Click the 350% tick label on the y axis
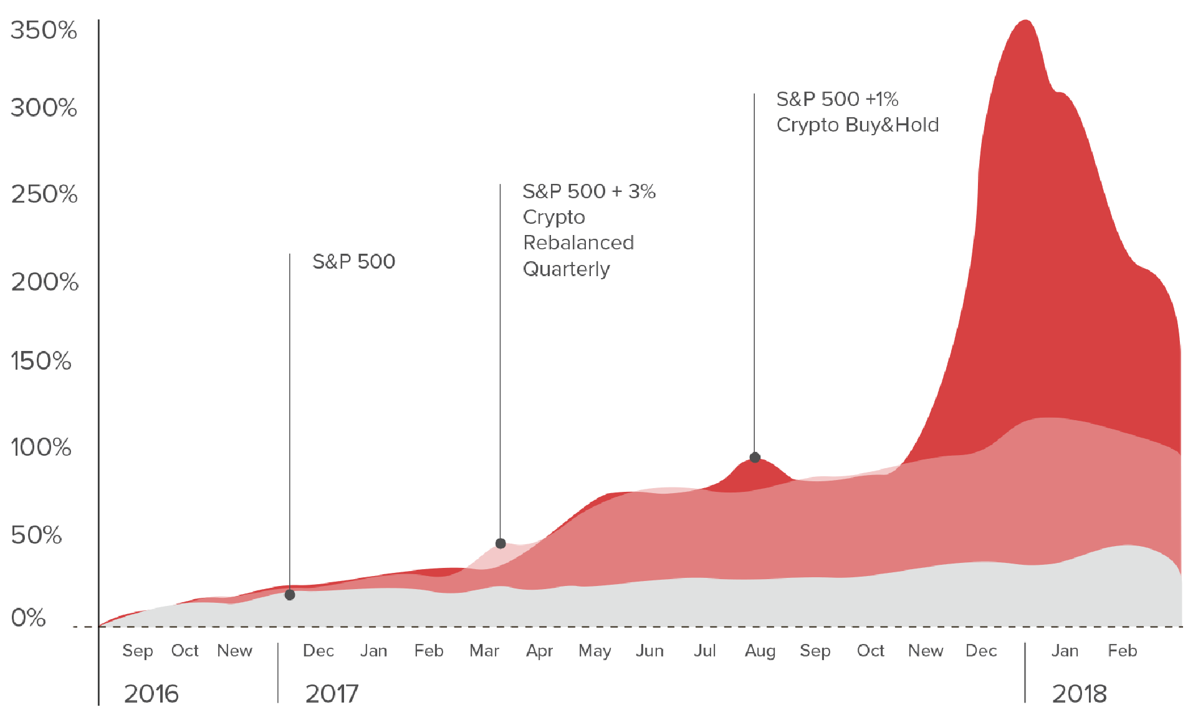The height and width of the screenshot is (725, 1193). (43, 31)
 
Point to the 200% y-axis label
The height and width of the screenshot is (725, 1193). (44, 282)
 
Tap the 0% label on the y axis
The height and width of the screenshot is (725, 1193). (28, 618)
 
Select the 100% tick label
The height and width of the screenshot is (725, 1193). (41, 447)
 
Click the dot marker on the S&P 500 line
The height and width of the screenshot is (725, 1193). (290, 595)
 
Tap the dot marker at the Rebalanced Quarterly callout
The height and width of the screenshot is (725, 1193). (501, 543)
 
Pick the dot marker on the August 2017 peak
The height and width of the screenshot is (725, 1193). (755, 457)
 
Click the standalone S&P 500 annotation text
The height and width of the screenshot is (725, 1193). (353, 261)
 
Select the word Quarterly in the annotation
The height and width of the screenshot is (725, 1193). (566, 269)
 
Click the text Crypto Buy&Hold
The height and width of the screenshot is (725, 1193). (857, 125)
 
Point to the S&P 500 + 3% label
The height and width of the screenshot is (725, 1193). (588, 191)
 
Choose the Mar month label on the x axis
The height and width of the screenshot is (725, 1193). (484, 651)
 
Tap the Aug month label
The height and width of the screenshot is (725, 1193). (760, 651)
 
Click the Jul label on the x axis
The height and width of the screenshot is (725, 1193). (705, 651)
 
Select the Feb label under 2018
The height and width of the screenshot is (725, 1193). (1122, 651)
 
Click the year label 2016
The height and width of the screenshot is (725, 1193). (151, 694)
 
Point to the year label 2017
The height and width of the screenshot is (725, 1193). (332, 694)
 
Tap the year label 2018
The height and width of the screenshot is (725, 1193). (1079, 694)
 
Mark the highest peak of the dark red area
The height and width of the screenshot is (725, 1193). (1025, 22)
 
